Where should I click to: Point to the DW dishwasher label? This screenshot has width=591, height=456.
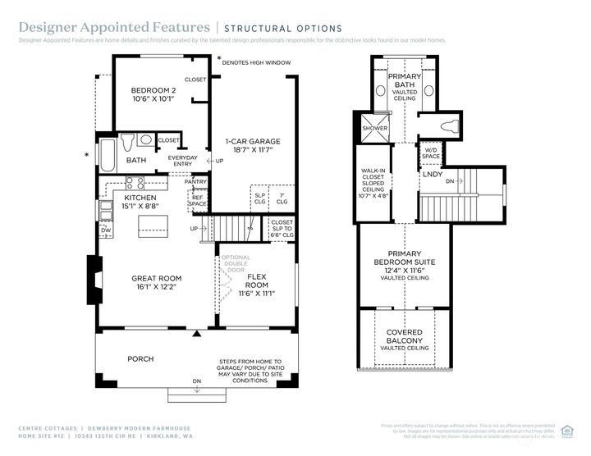coord(106,230)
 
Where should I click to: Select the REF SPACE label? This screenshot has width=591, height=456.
coord(198,200)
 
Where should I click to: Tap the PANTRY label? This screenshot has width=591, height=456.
coord(195,181)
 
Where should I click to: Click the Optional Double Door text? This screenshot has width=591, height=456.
coord(235,263)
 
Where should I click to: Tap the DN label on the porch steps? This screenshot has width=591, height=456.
coord(196,381)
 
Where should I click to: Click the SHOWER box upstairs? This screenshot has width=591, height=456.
coord(374,129)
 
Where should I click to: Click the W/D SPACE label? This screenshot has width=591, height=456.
coord(432,153)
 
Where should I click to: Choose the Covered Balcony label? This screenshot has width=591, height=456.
coord(405,336)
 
